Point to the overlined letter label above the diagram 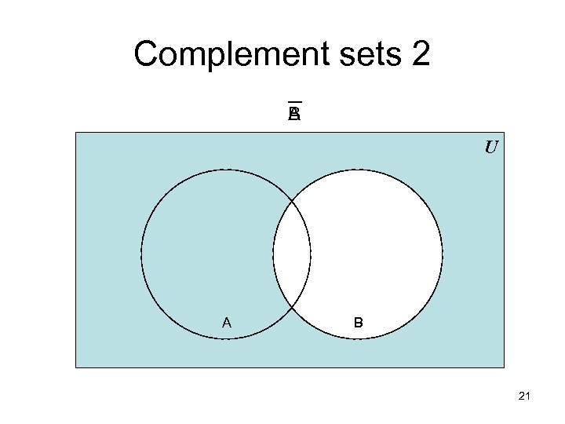coord(294,115)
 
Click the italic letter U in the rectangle coord(490,148)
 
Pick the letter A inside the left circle coord(227,322)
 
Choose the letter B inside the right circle coord(358,322)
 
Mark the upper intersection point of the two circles coord(292,201)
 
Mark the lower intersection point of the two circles coord(292,307)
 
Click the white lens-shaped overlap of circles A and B coord(292,254)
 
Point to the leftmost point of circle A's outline coord(141,254)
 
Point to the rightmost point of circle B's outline coord(443,254)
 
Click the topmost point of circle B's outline coord(358,170)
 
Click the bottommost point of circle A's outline coord(226,339)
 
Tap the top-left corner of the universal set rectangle coord(76,133)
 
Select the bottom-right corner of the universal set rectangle coord(504,367)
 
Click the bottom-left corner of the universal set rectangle coord(76,367)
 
